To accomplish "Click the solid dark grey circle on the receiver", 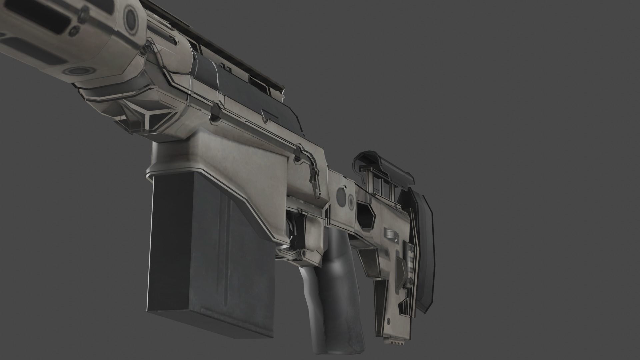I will pyautogui.click(x=341, y=195).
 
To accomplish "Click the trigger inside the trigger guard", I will pyautogui.click(x=295, y=233).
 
